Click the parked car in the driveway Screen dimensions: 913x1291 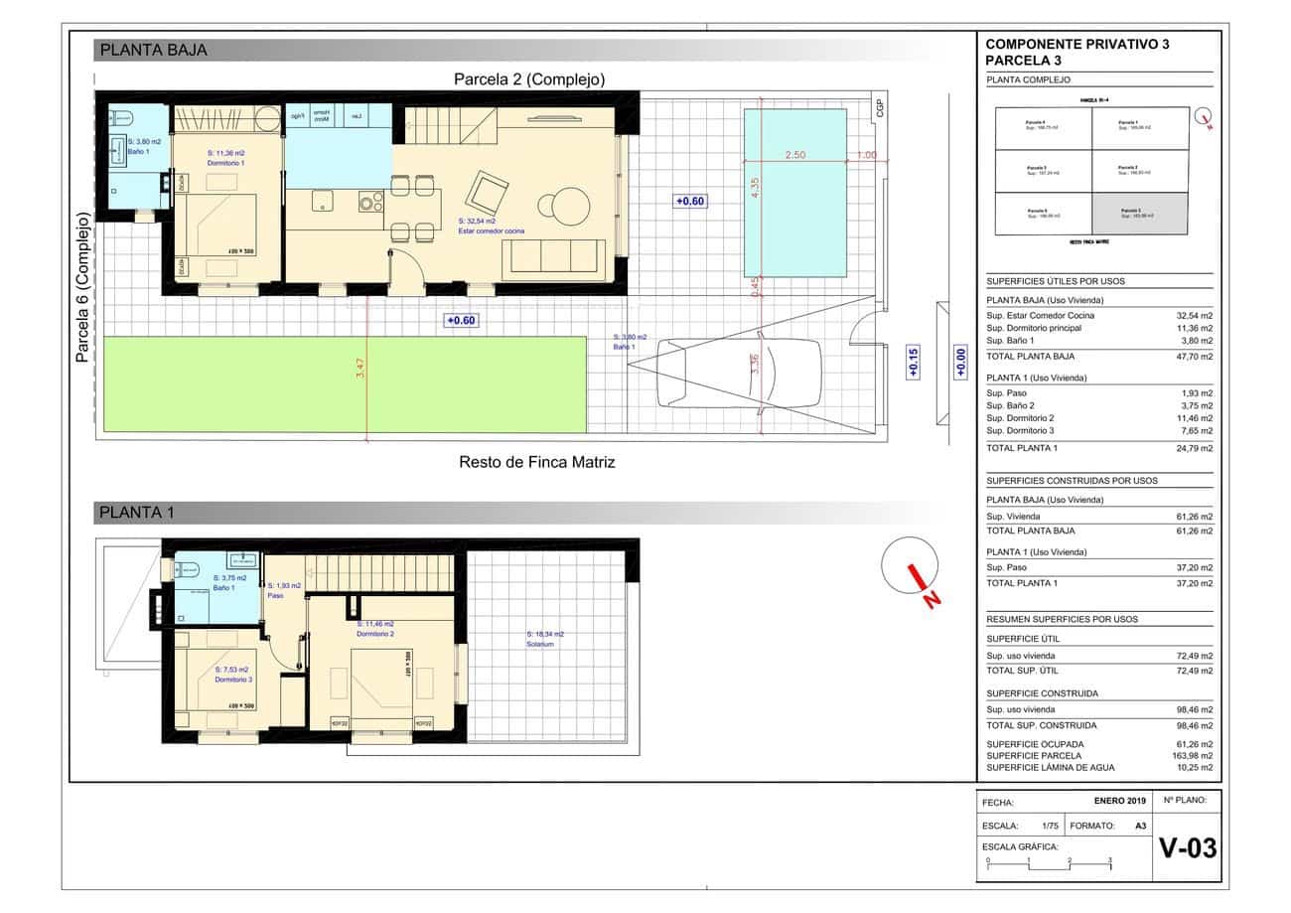point(739,374)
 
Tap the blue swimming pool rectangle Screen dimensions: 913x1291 point(794,193)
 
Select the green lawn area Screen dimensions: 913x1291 point(233,384)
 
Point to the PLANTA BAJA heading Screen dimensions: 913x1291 point(154,51)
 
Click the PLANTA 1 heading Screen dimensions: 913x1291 point(137,513)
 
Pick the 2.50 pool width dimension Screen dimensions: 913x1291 point(794,155)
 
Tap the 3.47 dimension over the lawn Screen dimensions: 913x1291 point(360,368)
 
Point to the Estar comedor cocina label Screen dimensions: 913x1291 point(492,231)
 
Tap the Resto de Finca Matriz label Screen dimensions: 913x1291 point(536,462)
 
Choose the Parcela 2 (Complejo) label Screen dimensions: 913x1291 point(529,79)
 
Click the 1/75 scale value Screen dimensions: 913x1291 point(1050,826)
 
